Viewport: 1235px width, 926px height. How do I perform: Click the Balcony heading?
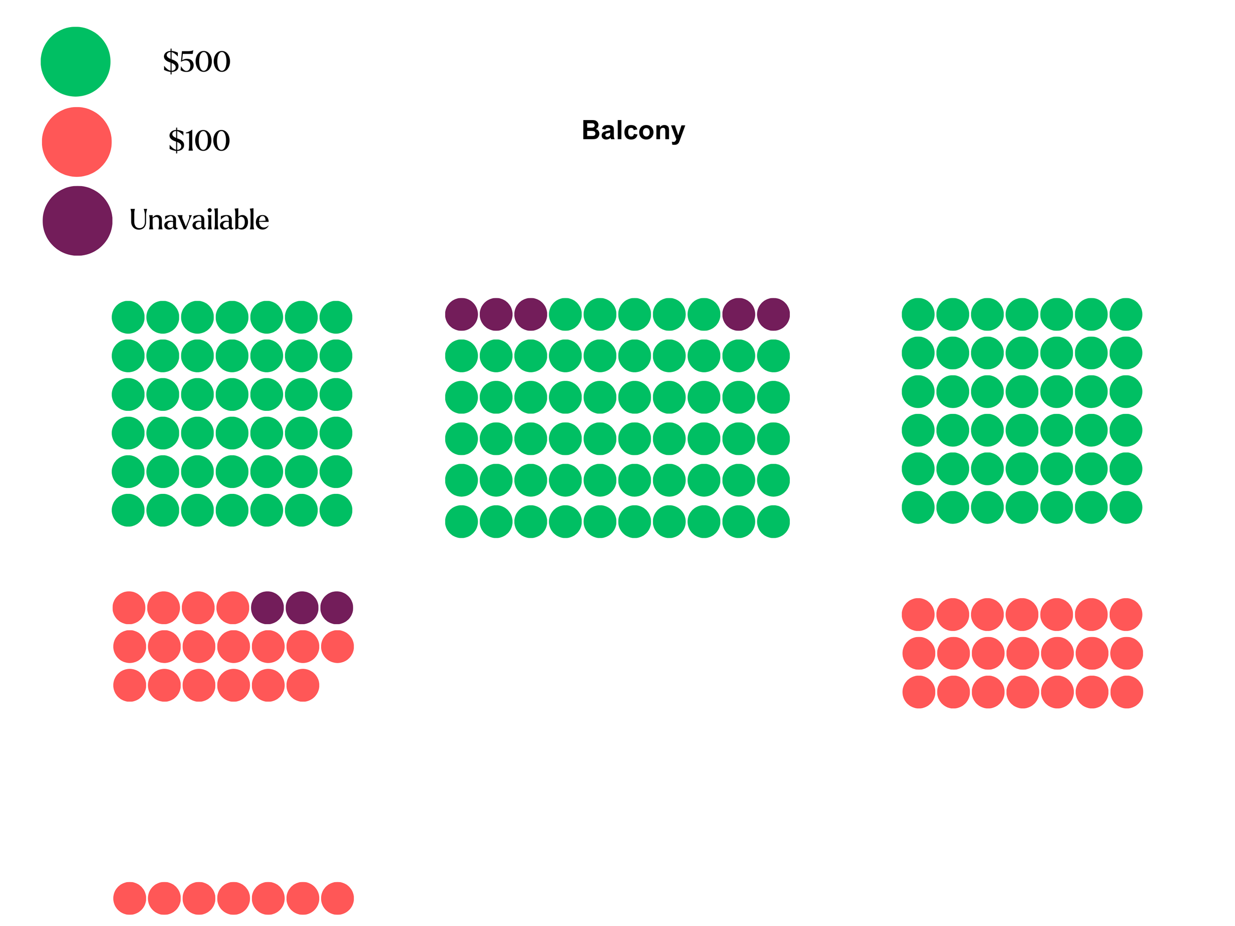click(633, 130)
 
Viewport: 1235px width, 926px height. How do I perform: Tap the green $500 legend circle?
click(76, 61)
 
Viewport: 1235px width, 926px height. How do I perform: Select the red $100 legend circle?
click(77, 142)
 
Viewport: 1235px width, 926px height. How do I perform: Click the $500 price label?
click(197, 61)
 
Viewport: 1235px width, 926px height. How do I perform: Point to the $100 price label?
click(199, 140)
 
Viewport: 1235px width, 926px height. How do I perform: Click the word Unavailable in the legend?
click(199, 220)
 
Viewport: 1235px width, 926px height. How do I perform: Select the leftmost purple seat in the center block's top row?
click(461, 314)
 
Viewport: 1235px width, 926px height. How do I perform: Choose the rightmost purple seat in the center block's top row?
click(773, 314)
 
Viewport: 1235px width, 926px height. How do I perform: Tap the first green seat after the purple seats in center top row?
click(565, 314)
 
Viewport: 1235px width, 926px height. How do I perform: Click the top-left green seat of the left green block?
click(128, 317)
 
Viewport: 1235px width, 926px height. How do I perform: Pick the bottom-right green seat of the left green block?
click(335, 510)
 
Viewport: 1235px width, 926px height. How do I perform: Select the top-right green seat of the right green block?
click(1125, 314)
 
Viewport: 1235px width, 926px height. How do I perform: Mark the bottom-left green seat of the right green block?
click(918, 507)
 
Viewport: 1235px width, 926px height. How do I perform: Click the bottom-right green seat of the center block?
click(773, 522)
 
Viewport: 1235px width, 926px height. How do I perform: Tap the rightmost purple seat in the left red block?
click(337, 608)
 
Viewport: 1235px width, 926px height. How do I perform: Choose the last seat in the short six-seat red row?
click(303, 685)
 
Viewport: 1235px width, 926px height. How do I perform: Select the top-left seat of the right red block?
click(918, 614)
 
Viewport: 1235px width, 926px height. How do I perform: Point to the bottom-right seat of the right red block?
click(1127, 692)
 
